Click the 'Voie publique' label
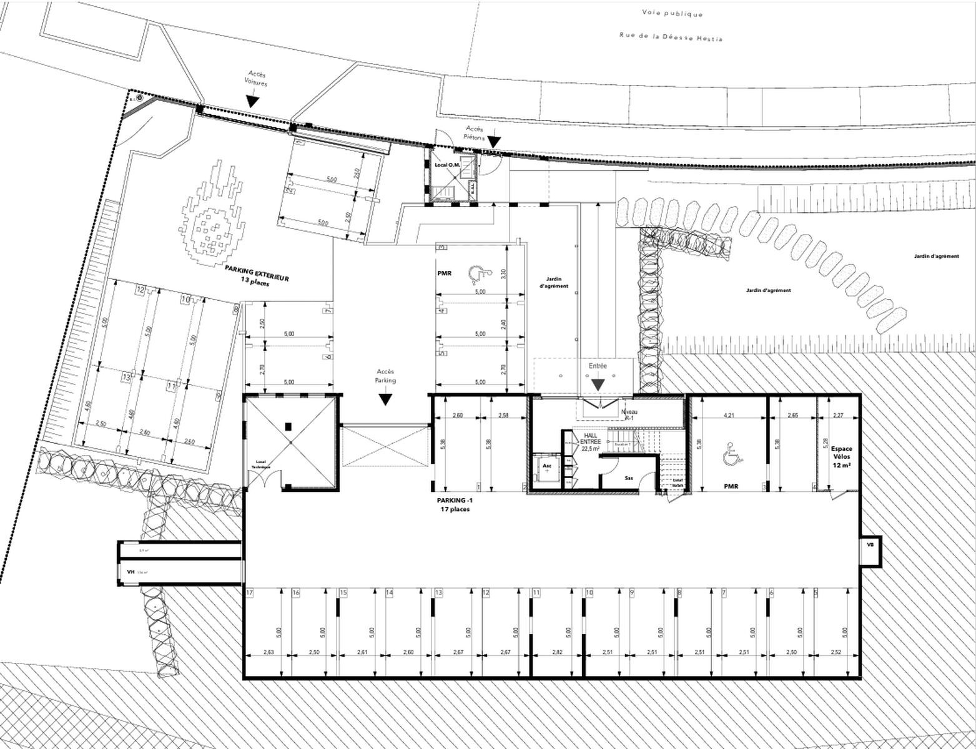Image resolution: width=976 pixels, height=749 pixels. (672, 14)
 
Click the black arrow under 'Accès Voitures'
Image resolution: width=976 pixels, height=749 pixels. (252, 100)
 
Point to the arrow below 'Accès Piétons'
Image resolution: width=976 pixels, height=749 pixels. (493, 143)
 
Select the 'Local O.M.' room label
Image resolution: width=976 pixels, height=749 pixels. (446, 165)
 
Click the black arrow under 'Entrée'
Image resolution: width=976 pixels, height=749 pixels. (598, 384)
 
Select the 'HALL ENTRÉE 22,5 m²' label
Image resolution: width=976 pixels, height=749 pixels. (590, 442)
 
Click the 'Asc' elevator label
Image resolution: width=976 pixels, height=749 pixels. (547, 466)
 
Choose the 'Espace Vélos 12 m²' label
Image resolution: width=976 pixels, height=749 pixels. (840, 456)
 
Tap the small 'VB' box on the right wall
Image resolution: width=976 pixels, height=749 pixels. (869, 545)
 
